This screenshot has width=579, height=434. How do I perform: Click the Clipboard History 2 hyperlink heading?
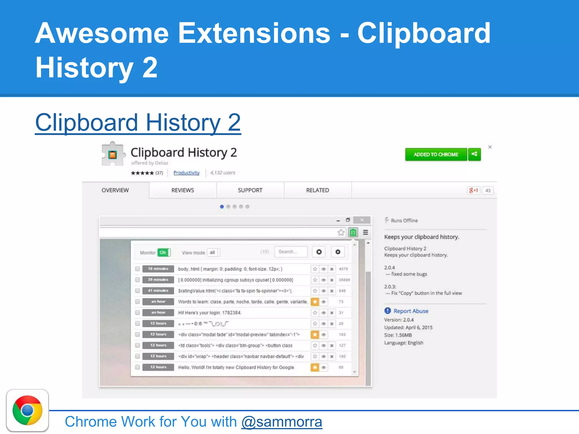point(138,123)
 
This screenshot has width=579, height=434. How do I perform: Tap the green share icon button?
point(474,154)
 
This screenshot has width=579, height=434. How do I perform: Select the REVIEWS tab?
point(183,190)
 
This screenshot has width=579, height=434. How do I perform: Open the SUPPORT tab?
point(250,190)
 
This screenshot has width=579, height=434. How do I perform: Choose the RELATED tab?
point(317,190)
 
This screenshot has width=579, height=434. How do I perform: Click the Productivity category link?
point(186,173)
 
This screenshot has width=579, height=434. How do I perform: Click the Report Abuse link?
point(411,311)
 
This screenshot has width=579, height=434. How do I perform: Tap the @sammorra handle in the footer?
point(282,422)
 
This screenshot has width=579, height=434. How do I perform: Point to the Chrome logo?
point(27,410)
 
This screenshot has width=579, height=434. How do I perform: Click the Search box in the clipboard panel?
point(291,252)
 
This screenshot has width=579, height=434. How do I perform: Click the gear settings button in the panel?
point(338,252)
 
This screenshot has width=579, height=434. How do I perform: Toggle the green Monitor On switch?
point(164,252)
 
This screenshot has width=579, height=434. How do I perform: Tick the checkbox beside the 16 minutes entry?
point(137,269)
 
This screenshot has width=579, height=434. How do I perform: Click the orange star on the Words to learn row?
point(315,302)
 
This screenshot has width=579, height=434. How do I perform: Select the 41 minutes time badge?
point(158,290)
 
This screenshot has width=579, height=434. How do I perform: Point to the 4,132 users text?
point(222,173)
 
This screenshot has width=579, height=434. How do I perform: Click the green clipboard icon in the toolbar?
point(353,233)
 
